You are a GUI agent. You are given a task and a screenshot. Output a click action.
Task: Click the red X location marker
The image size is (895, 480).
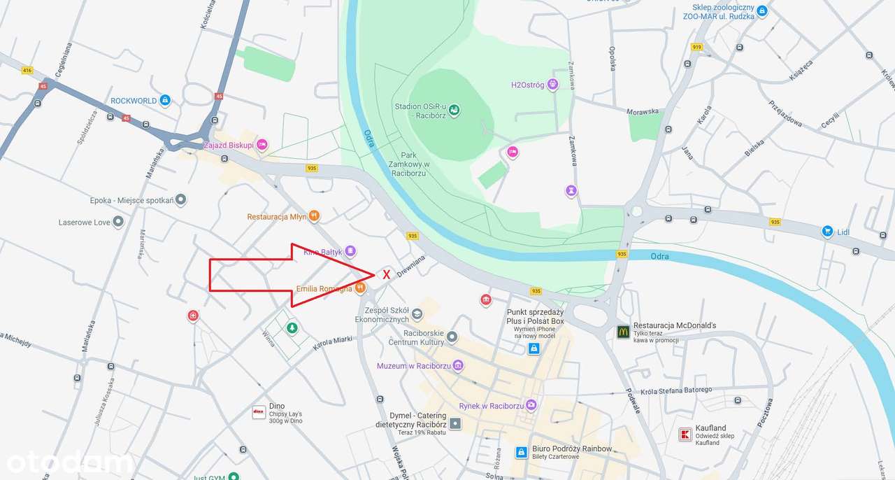coord(386,275)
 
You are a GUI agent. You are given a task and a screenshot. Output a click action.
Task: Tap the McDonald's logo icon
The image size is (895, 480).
coord(623,332)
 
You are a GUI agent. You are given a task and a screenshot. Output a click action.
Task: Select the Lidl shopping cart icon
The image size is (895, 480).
coord(827,231)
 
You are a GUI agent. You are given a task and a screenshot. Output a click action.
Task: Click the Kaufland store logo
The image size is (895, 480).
coord(685,435)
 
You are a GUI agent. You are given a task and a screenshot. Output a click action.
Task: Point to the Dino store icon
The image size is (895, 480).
coord(259,413)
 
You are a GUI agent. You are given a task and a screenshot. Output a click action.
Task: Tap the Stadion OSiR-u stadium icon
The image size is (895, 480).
coord(454,110)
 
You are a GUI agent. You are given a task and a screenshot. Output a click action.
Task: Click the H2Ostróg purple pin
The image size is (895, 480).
coord(553,85)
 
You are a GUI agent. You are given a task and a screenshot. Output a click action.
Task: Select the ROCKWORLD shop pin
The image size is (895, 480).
coord(165,101)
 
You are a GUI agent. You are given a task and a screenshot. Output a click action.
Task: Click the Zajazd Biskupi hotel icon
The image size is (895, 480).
coord(262,145)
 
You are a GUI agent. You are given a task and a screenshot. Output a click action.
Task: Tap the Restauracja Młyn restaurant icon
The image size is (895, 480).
coord(315,216)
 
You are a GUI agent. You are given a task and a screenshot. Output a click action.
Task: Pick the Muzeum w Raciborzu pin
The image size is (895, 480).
coord(458,365)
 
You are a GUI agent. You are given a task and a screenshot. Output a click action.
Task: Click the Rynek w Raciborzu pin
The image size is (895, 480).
coord(531,405)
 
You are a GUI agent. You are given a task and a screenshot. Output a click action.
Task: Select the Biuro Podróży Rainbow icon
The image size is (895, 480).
coord(521,452)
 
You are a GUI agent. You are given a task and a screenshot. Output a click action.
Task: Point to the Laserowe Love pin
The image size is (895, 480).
coord(118,222)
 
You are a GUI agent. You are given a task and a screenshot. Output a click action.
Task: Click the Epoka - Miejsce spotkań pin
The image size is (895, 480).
coord(181,200)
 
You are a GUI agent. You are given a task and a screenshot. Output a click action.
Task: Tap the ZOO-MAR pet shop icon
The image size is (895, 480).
coord(762,10)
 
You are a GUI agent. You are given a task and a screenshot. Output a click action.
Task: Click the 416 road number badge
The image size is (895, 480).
coord(27,71)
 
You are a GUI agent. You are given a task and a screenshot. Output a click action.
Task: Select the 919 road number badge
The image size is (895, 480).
coord(696,47)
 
